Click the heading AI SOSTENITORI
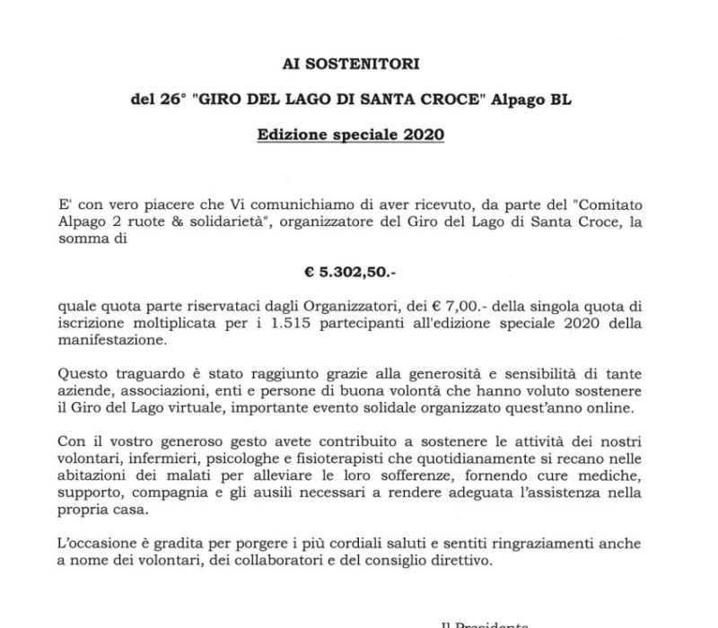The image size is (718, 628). [x=358, y=65]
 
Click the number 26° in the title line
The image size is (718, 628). [x=167, y=100]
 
